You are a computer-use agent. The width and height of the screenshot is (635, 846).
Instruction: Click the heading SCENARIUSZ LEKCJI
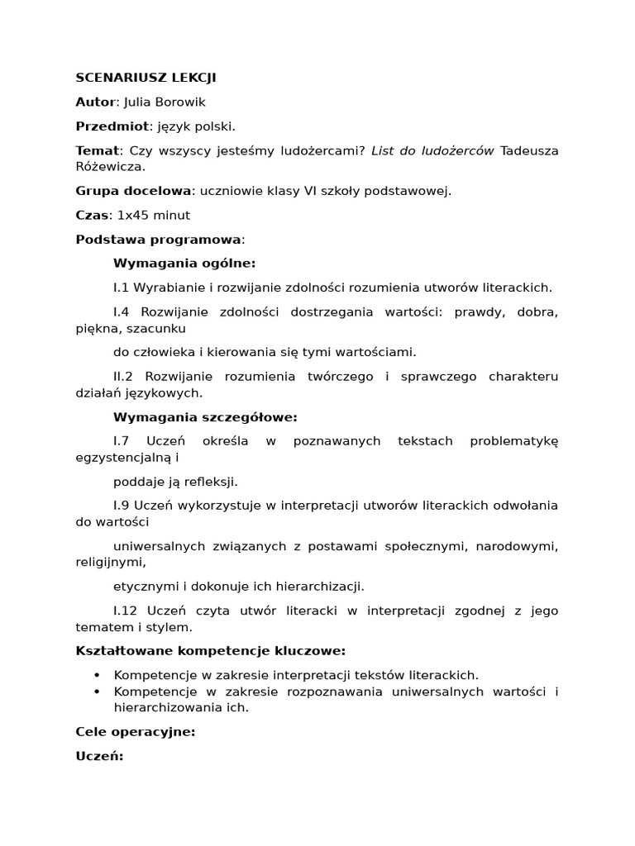[x=146, y=78]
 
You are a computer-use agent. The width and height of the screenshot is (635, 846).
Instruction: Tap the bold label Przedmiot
[x=112, y=126]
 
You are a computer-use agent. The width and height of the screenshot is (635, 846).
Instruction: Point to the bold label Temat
[x=97, y=150]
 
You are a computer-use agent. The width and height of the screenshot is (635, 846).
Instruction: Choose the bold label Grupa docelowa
[x=133, y=191]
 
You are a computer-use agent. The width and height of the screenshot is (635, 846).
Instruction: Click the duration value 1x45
[x=131, y=215]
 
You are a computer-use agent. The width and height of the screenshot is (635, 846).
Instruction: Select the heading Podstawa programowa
[x=159, y=240]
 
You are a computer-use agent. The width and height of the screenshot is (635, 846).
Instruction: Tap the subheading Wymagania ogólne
[x=184, y=264]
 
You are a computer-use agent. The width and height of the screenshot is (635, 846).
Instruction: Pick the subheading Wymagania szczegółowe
[x=204, y=417]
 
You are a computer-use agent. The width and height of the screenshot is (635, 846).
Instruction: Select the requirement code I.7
[x=122, y=441]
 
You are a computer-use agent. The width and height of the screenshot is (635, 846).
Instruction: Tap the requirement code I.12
[x=126, y=611]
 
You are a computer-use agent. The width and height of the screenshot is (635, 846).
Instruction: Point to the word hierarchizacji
[x=321, y=587]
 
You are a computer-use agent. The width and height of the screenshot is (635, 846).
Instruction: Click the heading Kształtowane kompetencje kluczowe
[x=210, y=651]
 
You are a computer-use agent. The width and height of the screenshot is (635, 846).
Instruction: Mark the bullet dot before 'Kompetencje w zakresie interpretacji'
[x=97, y=676]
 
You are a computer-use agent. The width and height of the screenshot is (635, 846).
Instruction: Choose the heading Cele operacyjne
[x=135, y=732]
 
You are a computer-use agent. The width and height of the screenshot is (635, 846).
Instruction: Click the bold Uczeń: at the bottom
[x=99, y=756]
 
